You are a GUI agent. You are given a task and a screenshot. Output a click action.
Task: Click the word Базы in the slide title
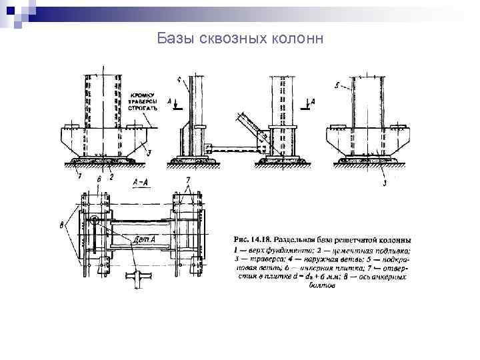(175, 39)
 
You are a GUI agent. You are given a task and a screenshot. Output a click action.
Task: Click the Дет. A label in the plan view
(145, 239)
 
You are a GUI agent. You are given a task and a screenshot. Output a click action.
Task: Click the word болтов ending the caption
(323, 286)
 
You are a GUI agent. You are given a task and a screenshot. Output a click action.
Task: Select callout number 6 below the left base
(99, 178)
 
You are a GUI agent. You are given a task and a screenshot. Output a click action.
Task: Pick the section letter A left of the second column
(170, 102)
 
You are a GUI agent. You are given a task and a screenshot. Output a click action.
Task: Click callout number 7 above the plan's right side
(188, 180)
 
